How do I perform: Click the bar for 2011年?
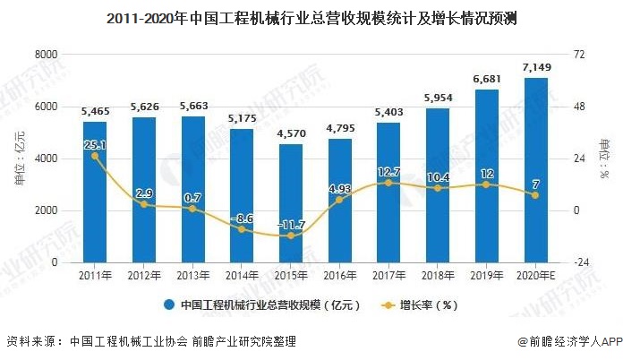click(95, 193)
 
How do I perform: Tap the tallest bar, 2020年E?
click(535, 170)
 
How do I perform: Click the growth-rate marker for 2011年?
click(95, 156)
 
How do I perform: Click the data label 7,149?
click(535, 66)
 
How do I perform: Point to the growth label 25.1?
click(95, 144)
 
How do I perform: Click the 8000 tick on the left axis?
click(46, 55)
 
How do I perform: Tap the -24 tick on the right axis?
click(581, 262)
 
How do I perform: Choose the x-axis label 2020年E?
click(535, 275)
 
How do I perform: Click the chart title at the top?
click(311, 17)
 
